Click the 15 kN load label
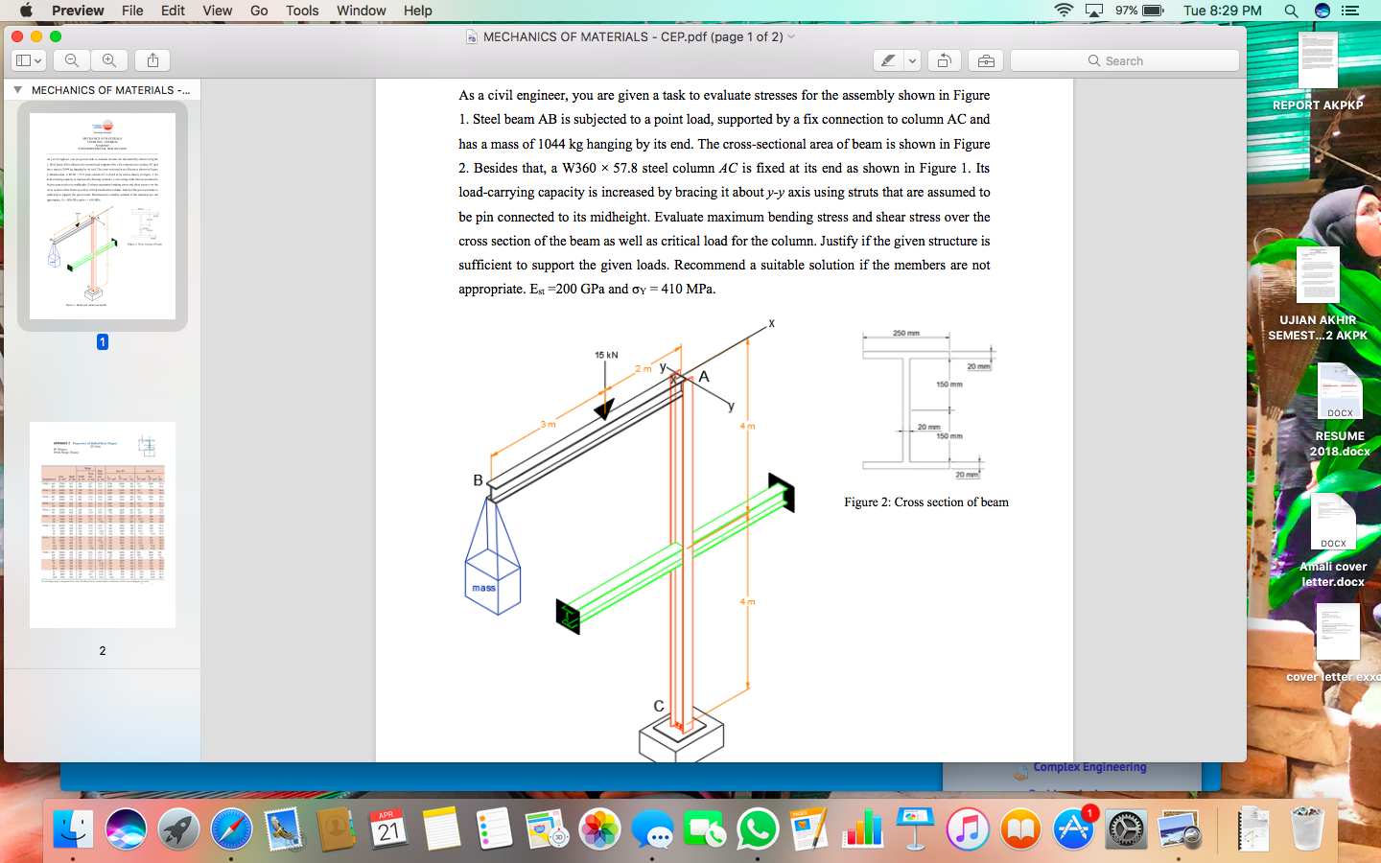(x=606, y=355)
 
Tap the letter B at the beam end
(x=478, y=480)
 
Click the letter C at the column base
(x=659, y=706)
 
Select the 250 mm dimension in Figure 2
(x=905, y=333)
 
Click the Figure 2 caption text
(x=925, y=501)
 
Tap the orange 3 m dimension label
(x=548, y=424)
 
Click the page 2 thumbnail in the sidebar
(x=103, y=525)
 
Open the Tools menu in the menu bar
(x=302, y=11)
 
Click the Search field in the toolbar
(x=1124, y=60)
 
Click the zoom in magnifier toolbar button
(x=109, y=60)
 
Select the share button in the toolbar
(x=153, y=60)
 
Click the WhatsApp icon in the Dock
(x=758, y=829)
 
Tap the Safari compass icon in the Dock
(x=231, y=829)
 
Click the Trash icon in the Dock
(x=1307, y=829)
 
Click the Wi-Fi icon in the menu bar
(x=1064, y=11)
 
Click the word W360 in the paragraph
(x=579, y=168)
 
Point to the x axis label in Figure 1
(x=771, y=323)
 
